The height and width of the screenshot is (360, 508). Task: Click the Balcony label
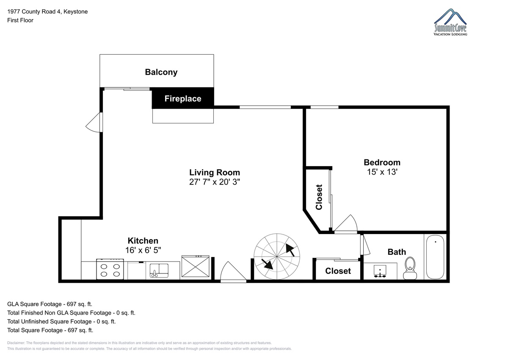(161, 72)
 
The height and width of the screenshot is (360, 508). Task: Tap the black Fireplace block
(183, 99)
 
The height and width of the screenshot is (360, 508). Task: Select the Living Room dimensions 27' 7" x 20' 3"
(215, 182)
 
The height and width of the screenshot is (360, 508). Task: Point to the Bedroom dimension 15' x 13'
(382, 172)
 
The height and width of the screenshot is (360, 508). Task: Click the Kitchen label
(144, 241)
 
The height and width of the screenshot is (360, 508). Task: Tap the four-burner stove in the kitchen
(110, 269)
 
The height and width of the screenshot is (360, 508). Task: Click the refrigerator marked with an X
(195, 267)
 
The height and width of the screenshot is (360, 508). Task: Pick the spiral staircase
(276, 257)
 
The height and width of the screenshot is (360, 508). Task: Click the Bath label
(397, 252)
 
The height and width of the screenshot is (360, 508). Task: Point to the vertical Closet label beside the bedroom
(319, 197)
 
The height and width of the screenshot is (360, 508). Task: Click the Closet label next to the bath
(338, 271)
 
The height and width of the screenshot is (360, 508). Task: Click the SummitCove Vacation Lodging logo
(450, 24)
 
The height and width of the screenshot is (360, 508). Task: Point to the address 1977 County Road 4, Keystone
(47, 12)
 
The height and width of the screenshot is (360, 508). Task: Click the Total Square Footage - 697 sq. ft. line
(50, 330)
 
